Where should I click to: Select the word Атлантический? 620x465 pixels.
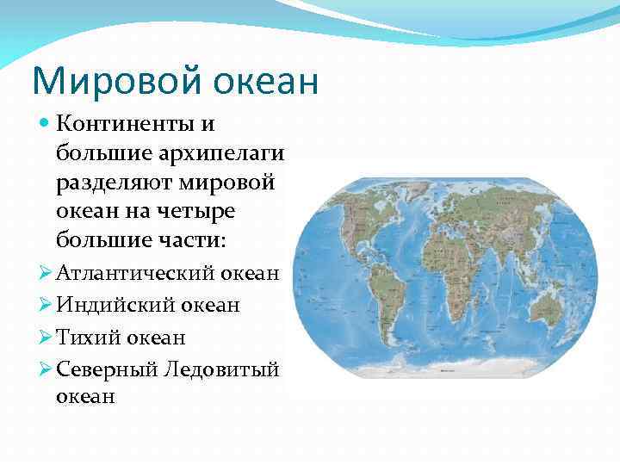pyautogui.click(x=134, y=274)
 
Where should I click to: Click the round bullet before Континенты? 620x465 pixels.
pyautogui.click(x=46, y=125)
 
